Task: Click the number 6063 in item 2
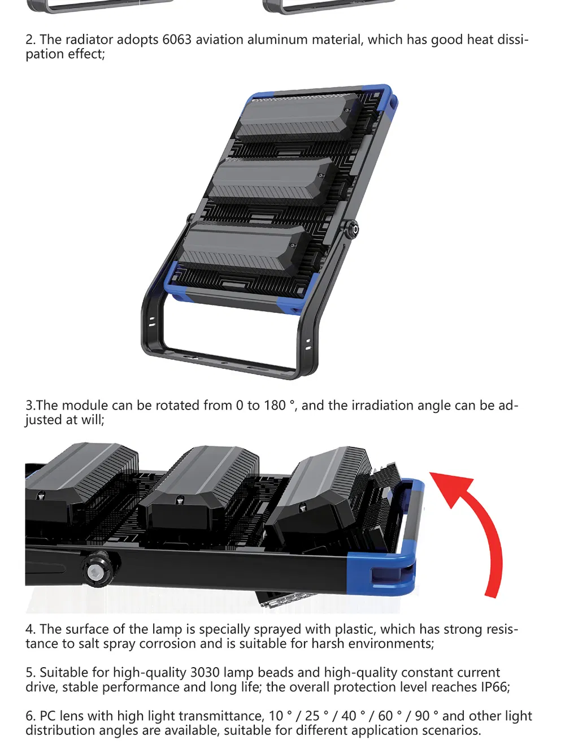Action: [177, 40]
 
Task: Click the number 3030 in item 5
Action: [205, 672]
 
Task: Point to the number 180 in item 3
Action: [275, 405]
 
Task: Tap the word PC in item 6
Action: [47, 716]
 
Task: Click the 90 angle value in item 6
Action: [422, 716]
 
